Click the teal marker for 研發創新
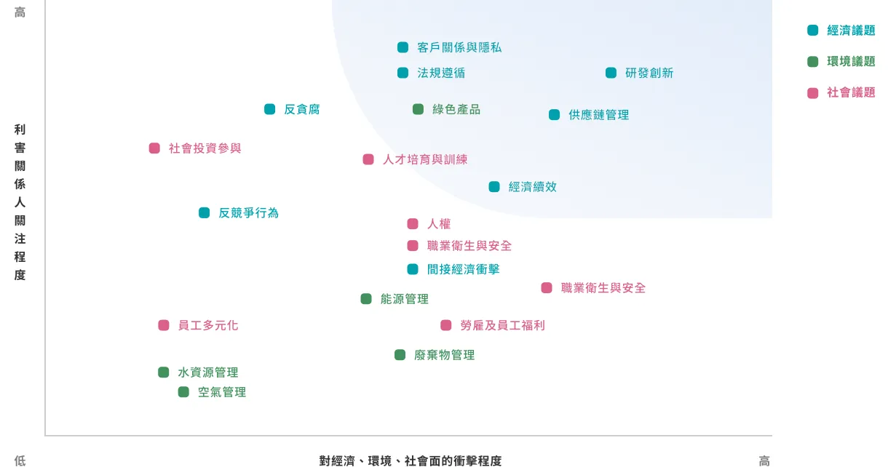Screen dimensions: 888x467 click(611, 73)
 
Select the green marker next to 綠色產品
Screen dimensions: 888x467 click(418, 109)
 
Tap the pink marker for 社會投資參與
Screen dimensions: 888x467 click(154, 148)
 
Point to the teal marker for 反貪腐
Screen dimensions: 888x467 click(269, 109)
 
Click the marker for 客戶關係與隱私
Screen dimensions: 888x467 click(403, 47)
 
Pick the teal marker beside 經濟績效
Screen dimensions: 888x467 click(494, 186)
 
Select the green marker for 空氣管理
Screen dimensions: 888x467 click(183, 392)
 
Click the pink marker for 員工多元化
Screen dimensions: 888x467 click(164, 325)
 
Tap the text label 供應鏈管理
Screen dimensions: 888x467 click(598, 115)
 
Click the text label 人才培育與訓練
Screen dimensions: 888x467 click(425, 159)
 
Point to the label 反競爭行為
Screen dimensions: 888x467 click(248, 212)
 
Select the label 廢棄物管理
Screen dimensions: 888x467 click(445, 355)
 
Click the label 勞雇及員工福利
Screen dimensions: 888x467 click(503, 325)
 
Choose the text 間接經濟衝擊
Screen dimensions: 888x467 click(464, 269)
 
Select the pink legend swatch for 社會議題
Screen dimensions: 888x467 click(813, 92)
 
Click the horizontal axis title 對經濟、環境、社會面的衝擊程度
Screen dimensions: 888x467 click(411, 460)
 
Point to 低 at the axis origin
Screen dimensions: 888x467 click(20, 460)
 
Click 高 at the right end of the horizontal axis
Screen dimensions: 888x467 click(764, 460)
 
